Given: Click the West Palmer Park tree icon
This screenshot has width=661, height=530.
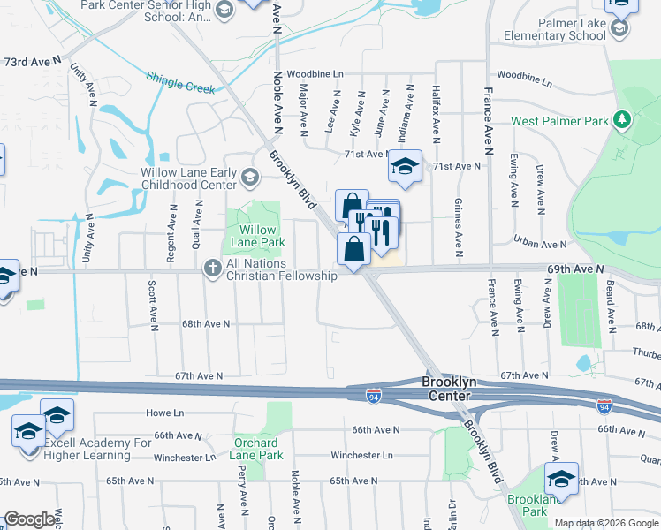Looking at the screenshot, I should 621,119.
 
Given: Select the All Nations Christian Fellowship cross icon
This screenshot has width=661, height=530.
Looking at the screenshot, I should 212,267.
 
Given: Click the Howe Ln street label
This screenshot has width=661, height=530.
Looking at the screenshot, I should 164,413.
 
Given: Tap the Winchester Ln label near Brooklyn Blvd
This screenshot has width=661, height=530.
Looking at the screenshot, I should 361,456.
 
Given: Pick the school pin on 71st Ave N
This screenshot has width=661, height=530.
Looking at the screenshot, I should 405,166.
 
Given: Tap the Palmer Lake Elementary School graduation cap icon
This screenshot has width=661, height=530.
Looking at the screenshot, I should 619,28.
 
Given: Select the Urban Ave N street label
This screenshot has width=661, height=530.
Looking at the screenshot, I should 540,244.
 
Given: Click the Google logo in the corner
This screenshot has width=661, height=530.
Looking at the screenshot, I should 30,519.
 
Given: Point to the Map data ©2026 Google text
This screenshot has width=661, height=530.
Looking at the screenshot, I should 605,523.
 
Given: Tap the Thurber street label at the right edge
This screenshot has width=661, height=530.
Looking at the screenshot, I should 645,352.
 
